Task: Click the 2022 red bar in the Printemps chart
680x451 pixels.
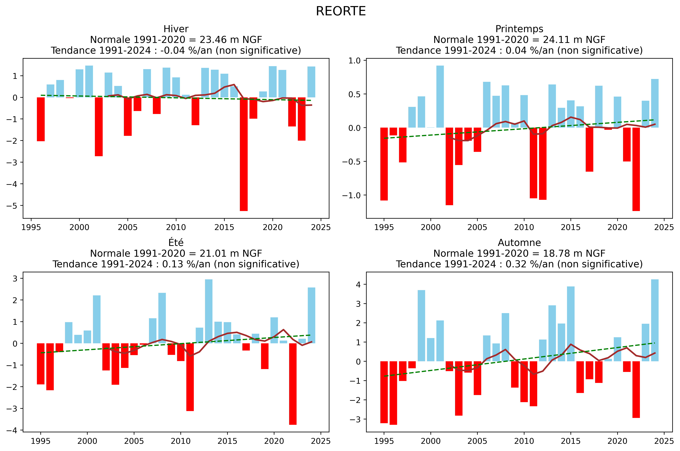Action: pyautogui.click(x=636, y=169)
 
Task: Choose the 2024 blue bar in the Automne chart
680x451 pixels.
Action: pyautogui.click(x=655, y=320)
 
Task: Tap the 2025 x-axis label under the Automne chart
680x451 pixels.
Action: pyautogui.click(x=664, y=441)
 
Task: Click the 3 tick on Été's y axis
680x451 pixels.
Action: pyautogui.click(x=15, y=278)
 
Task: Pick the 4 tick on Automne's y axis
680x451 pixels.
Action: pyautogui.click(x=358, y=284)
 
